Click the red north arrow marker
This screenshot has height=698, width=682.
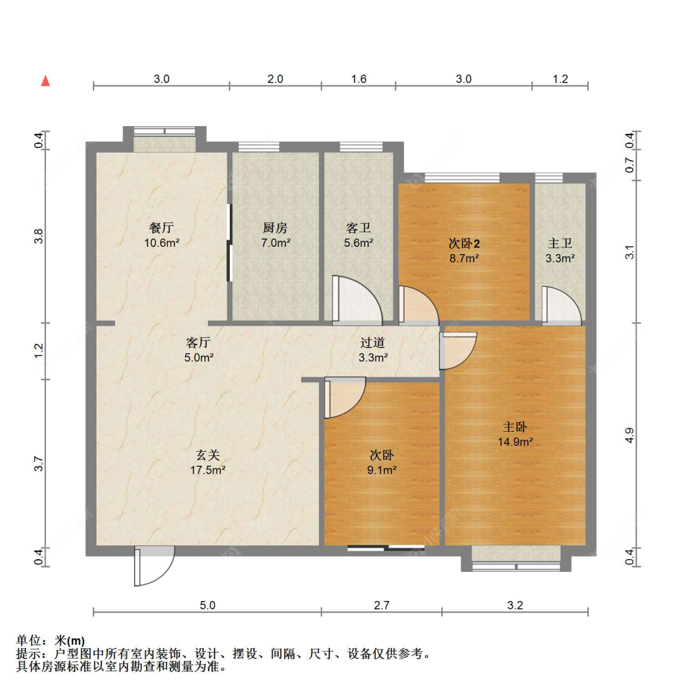[45, 81]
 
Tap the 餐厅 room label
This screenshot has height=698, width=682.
[161, 228]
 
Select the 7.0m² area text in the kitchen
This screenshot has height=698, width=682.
[275, 243]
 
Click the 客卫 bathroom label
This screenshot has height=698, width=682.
[358, 228]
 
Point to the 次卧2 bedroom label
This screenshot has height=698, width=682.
[464, 244]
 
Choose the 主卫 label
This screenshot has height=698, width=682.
[560, 243]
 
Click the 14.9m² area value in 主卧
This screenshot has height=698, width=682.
[515, 442]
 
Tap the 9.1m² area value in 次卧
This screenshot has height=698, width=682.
[381, 470]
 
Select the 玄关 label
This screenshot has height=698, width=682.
[207, 455]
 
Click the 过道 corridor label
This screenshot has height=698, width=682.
[372, 343]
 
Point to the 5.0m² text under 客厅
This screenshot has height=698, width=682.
[199, 358]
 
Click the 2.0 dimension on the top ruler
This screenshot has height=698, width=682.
[275, 79]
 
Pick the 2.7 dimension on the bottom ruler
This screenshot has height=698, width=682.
[381, 605]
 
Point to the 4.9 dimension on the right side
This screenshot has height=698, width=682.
[630, 435]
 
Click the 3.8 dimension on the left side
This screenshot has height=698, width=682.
[39, 236]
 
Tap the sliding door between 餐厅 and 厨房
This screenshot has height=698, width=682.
[229, 243]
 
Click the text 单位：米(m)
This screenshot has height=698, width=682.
[50, 640]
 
